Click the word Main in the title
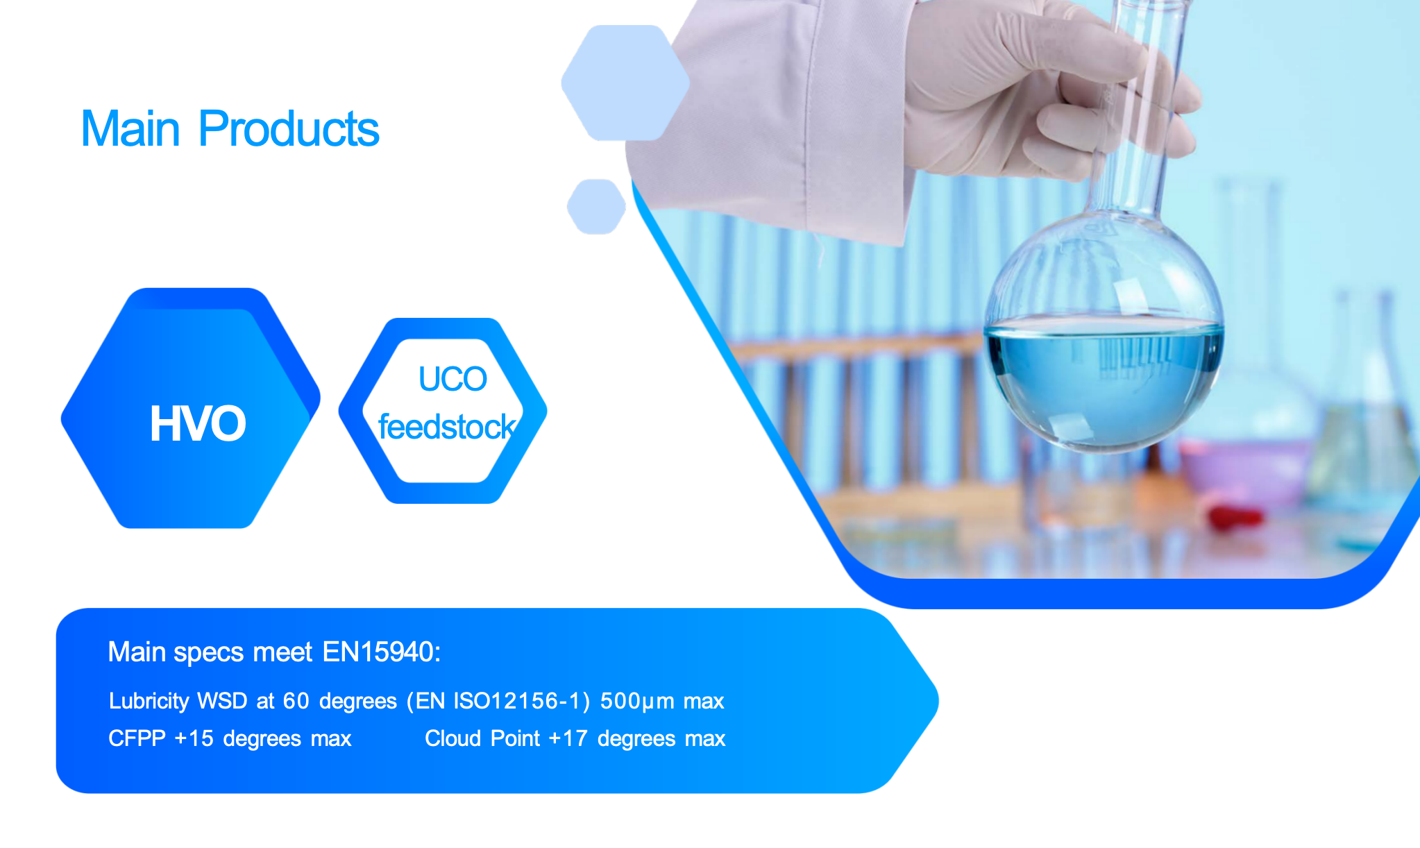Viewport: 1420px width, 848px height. [x=130, y=129]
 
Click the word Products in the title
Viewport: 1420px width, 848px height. [x=289, y=129]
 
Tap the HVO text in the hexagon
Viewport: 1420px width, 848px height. [x=198, y=423]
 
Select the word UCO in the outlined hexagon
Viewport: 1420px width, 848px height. [x=453, y=379]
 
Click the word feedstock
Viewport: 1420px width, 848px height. [x=447, y=427]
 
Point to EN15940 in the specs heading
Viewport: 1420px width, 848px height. [x=382, y=652]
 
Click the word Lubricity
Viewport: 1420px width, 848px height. [x=149, y=702]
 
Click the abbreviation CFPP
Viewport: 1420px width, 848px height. [x=137, y=738]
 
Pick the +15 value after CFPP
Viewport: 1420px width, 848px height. [x=194, y=738]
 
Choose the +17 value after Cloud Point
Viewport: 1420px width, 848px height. [x=568, y=738]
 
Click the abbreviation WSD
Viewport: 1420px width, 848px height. [x=222, y=701]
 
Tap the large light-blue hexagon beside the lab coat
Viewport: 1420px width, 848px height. [x=625, y=83]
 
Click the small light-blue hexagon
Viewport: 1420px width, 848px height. [x=596, y=207]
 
